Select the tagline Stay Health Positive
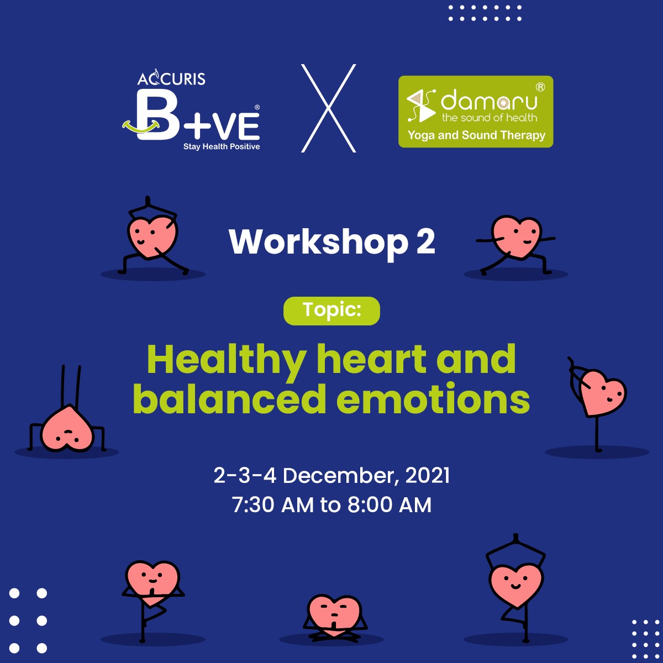click(x=222, y=146)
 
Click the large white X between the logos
click(x=329, y=108)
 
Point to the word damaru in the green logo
click(x=489, y=100)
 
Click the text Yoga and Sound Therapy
click(x=476, y=135)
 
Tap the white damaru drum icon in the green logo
click(x=421, y=106)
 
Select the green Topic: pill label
click(x=331, y=311)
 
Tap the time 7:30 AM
click(x=273, y=505)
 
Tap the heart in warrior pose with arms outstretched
click(x=515, y=245)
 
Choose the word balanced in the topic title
click(x=229, y=399)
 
